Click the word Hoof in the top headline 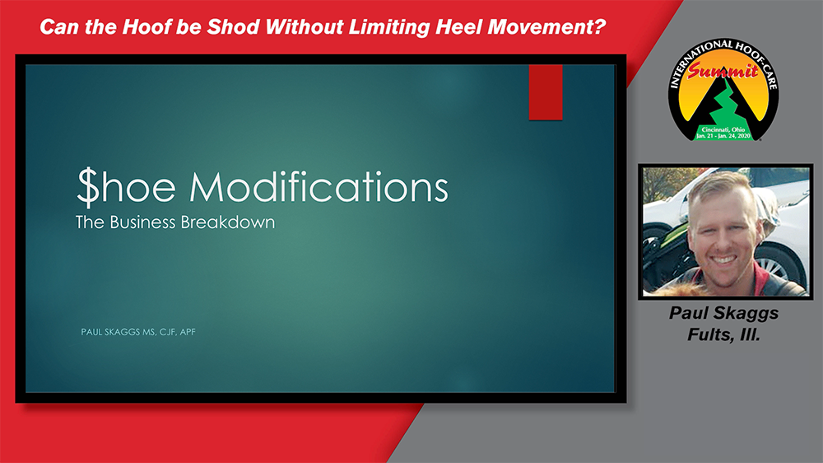146,27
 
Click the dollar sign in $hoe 87,187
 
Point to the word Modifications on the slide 319,187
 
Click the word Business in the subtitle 142,222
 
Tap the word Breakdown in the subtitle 228,222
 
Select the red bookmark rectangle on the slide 546,92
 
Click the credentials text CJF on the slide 167,332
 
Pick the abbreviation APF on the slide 188,332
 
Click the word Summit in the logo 723,71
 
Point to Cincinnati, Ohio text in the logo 723,129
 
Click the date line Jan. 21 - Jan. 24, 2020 723,136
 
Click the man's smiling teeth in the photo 723,259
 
